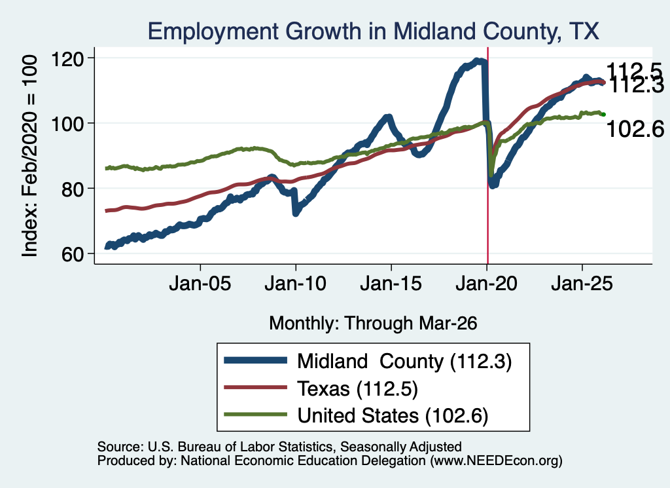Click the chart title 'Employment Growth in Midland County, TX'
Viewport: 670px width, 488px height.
(374, 31)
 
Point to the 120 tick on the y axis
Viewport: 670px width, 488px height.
(67, 58)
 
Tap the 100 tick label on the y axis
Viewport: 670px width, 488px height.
(67, 124)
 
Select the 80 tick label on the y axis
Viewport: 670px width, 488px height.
(72, 189)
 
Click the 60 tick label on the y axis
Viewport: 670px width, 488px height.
(72, 254)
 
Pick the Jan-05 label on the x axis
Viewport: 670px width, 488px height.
(200, 284)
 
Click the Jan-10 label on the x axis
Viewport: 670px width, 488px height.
(295, 284)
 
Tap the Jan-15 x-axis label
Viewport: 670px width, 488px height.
(391, 284)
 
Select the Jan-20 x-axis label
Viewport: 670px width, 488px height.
(486, 284)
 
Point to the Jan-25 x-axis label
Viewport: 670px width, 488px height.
(582, 284)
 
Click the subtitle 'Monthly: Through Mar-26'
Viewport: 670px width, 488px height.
(373, 324)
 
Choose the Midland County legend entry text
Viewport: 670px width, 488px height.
(404, 362)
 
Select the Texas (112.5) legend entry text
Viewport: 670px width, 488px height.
(357, 389)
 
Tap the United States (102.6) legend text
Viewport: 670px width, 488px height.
(393, 416)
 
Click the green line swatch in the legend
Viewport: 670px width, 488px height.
(256, 414)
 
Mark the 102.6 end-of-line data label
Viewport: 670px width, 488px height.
(635, 129)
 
